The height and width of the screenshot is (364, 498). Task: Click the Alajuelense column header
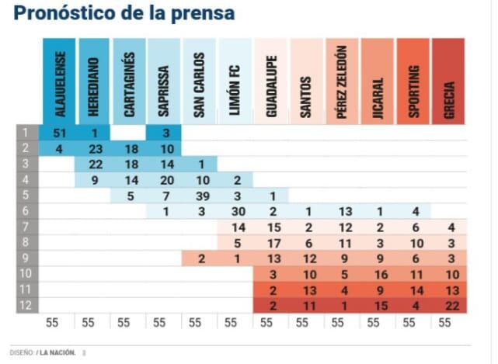click(x=60, y=81)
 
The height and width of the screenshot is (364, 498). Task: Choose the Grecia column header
click(x=449, y=81)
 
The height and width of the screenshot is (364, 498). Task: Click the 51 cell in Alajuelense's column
click(x=60, y=133)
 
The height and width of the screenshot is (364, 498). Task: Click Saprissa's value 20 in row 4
click(x=165, y=179)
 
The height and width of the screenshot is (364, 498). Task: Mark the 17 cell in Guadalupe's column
click(x=273, y=242)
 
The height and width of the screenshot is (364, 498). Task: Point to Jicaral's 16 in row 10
click(x=378, y=274)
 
